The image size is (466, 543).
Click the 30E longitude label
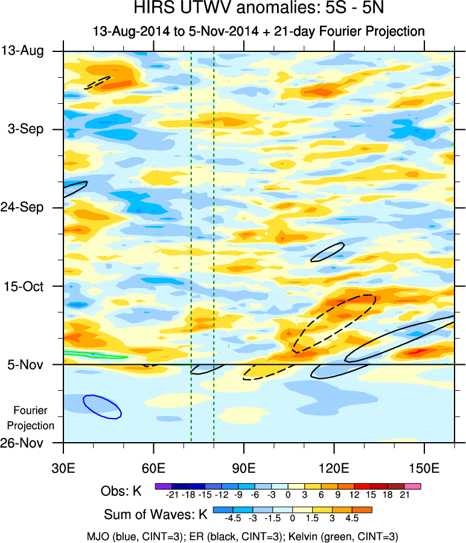tap(63, 469)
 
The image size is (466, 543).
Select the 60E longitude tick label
tap(154, 469)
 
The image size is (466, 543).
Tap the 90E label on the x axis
tap(244, 469)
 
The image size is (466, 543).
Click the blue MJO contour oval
tap(102, 406)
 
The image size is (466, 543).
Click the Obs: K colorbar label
tap(123, 490)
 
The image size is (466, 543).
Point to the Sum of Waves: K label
tap(156, 515)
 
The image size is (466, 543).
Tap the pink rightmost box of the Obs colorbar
tap(413, 485)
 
